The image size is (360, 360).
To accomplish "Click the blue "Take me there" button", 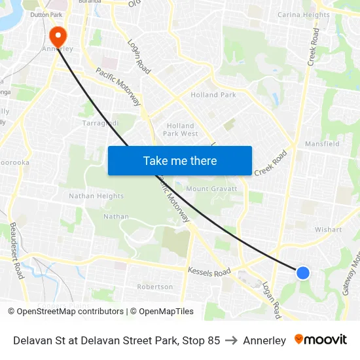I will (x=180, y=160).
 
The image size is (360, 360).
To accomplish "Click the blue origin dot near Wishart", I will (x=303, y=272).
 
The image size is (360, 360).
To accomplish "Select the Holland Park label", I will (x=213, y=95).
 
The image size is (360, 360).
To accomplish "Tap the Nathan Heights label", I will (x=96, y=196).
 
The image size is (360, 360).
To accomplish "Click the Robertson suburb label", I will (x=155, y=287).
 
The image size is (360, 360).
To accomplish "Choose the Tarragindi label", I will (x=100, y=123).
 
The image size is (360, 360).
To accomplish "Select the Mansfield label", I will (x=322, y=143).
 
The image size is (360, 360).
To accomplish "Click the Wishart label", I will (x=328, y=230).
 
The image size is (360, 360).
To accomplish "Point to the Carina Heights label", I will (x=304, y=15).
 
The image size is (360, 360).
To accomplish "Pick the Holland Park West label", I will (x=180, y=130).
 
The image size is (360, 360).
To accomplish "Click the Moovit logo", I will (x=321, y=340).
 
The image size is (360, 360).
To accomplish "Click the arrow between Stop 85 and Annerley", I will (x=231, y=340).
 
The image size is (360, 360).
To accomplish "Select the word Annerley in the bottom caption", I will (x=264, y=340).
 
